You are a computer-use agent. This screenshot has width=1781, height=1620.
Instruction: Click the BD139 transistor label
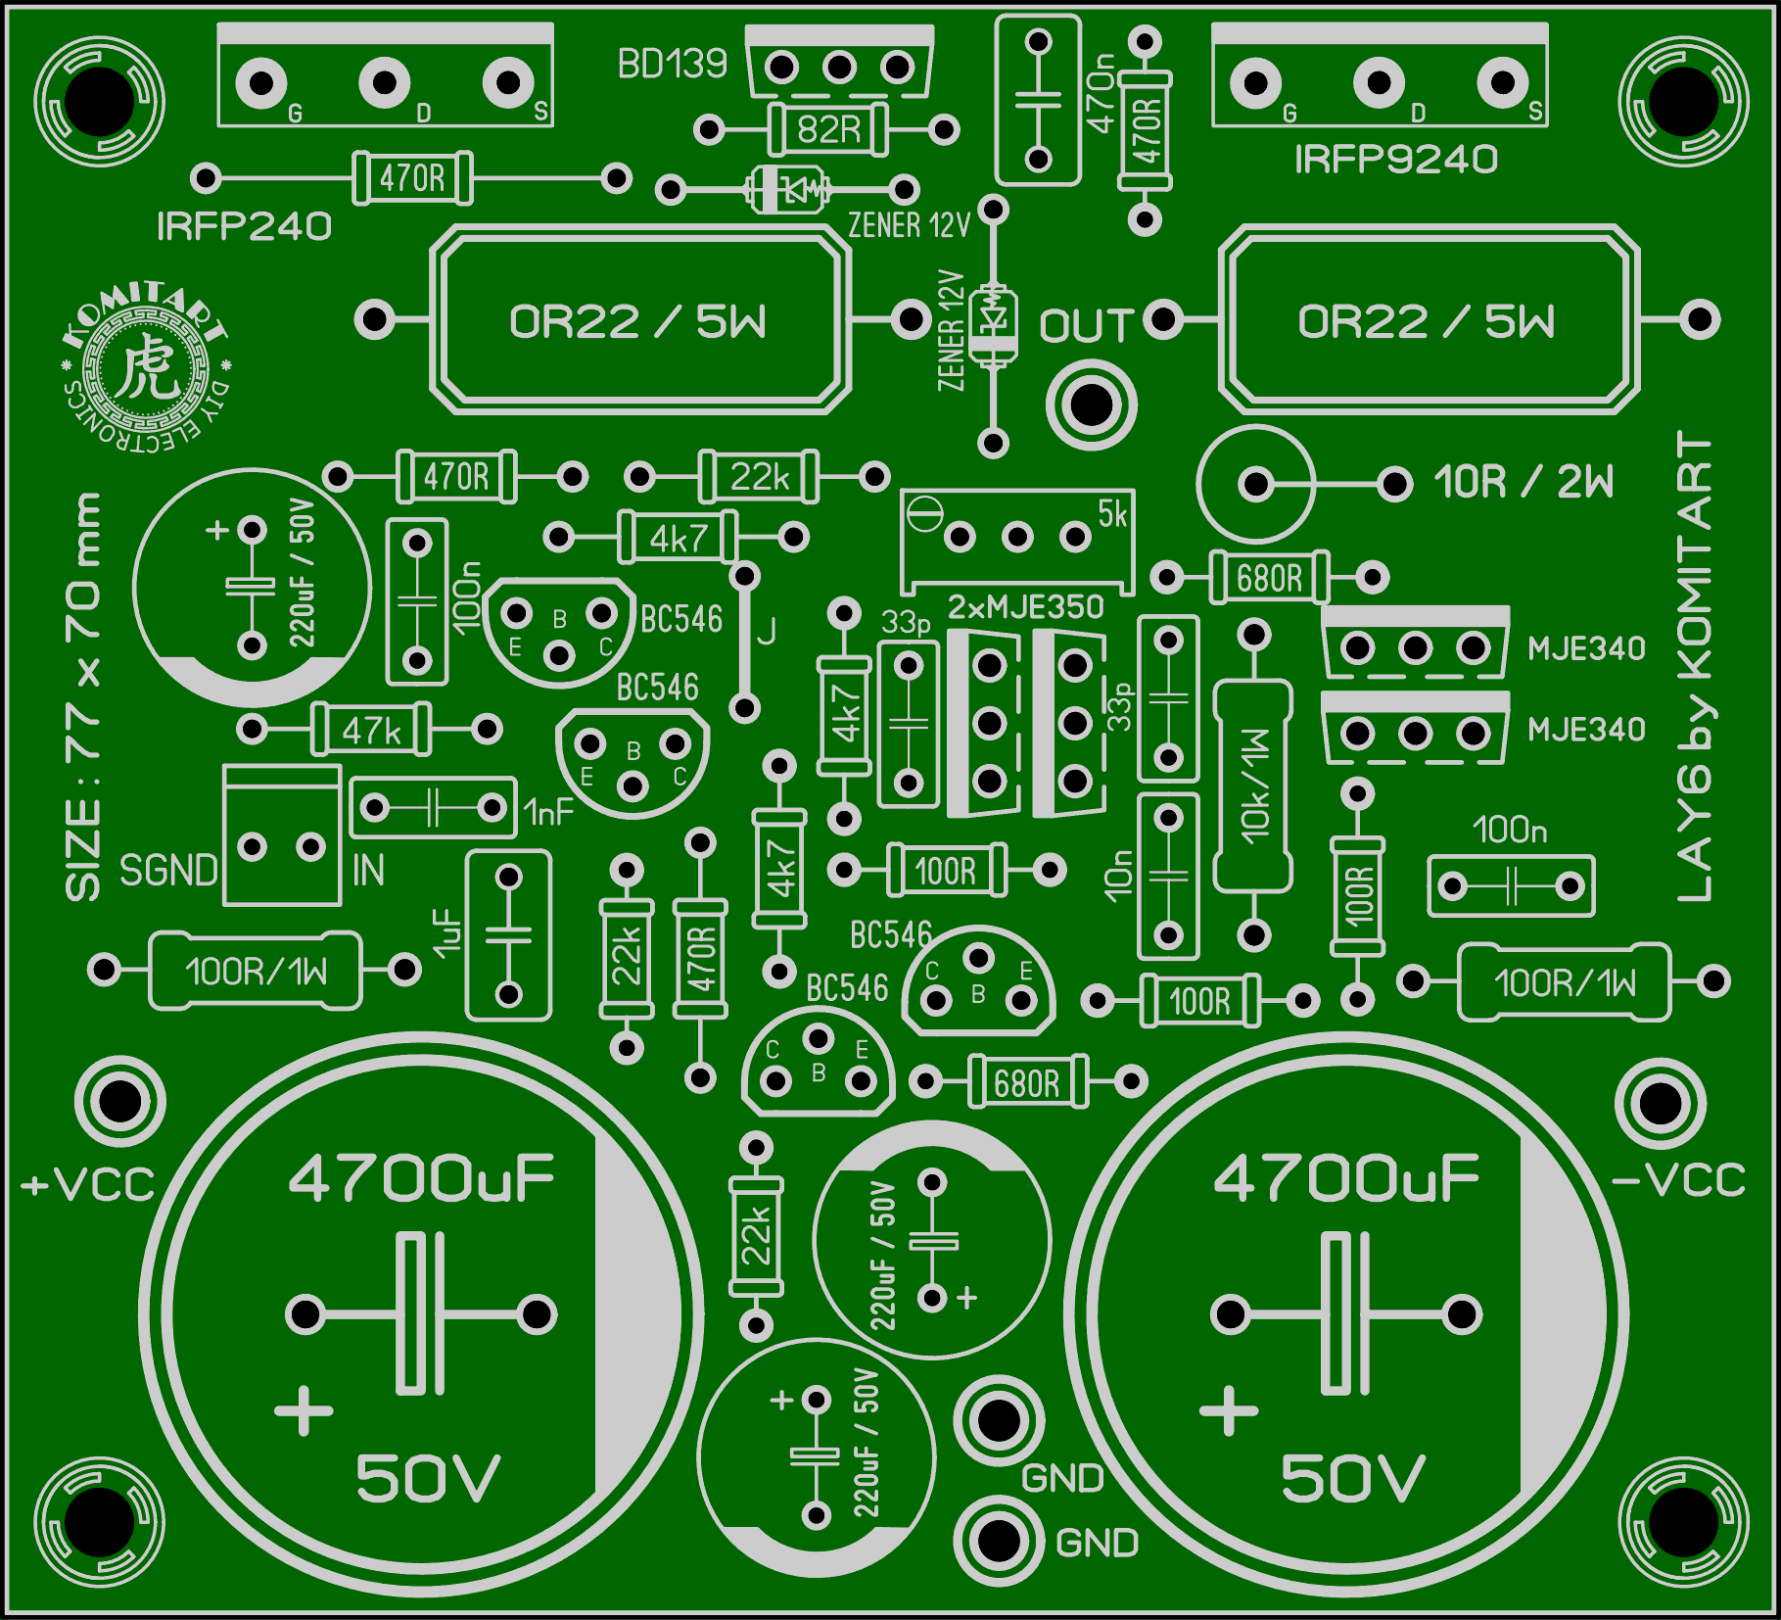(x=672, y=65)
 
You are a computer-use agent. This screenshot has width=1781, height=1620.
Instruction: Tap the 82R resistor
(x=828, y=129)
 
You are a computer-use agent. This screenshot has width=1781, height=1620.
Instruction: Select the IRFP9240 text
(x=1395, y=159)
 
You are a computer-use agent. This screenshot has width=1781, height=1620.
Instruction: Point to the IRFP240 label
(x=244, y=226)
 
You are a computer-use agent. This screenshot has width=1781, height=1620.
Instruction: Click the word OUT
(x=1086, y=326)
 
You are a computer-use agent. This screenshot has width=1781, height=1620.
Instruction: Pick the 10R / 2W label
(x=1523, y=482)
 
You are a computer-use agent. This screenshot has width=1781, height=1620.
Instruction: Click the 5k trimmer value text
(x=1112, y=513)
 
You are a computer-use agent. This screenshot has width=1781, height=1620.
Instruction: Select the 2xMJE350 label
(x=1025, y=607)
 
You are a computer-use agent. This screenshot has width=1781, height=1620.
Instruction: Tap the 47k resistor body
(x=370, y=730)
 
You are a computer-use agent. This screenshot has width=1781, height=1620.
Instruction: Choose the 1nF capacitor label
(x=548, y=812)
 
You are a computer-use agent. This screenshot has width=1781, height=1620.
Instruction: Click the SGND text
(x=167, y=871)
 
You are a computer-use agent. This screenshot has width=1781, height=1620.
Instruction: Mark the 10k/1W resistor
(x=1253, y=786)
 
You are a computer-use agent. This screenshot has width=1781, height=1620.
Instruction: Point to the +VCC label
(x=88, y=1185)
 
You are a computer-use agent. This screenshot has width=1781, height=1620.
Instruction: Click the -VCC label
(x=1678, y=1180)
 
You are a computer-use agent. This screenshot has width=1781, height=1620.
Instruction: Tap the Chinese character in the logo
(x=147, y=368)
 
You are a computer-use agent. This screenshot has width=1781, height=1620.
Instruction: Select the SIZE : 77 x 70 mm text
(x=84, y=695)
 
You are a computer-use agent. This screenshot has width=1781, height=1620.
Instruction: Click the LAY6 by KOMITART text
(x=1695, y=666)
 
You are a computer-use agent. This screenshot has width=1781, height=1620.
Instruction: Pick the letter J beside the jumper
(x=767, y=632)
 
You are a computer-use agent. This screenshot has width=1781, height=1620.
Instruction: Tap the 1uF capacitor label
(x=446, y=932)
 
